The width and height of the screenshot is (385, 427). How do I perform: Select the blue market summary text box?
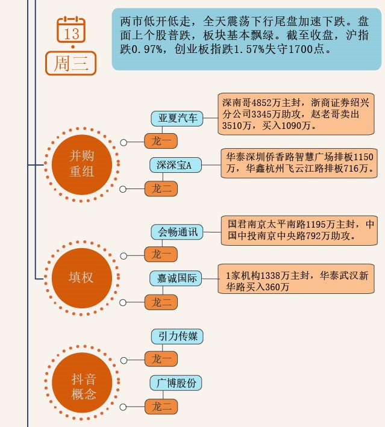(x=246, y=39)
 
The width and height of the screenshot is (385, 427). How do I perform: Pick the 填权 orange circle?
(x=81, y=278)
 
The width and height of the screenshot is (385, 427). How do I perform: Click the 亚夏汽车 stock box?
(x=177, y=118)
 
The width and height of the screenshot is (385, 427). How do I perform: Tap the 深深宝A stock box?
(x=175, y=165)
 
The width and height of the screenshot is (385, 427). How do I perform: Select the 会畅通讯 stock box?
(x=177, y=232)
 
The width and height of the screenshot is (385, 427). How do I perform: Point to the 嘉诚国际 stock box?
(x=176, y=279)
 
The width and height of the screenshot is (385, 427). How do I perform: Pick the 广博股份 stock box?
(x=177, y=382)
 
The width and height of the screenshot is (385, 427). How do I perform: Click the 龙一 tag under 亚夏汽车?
(x=161, y=142)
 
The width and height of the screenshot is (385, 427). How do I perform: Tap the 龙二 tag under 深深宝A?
(x=161, y=189)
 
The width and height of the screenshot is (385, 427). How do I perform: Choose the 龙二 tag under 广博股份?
(x=161, y=407)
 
